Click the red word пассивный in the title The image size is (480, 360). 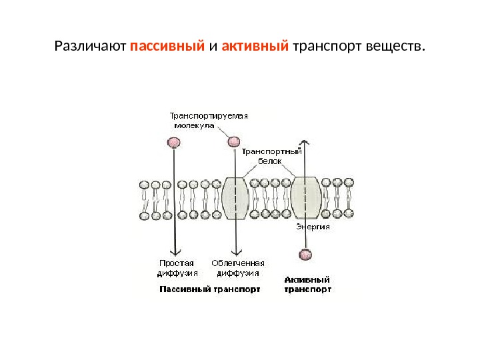pos(167,48)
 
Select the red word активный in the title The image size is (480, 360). pos(255,48)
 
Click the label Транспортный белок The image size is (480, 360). pos(271,156)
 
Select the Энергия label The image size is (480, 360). pos(313,226)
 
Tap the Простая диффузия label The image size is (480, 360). pos(176,267)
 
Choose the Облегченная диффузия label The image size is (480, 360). pos(238,267)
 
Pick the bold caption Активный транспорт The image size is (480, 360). pos(307,285)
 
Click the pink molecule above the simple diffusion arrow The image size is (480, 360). pos(174,142)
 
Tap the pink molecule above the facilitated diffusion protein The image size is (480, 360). pos(233,141)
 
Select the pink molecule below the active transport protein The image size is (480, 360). pos(305,254)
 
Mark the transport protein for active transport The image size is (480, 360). pos(306,198)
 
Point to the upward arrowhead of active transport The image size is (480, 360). pos(305,143)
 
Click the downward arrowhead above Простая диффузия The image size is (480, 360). pos(175,252)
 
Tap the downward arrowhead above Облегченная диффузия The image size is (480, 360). pos(235,252)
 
